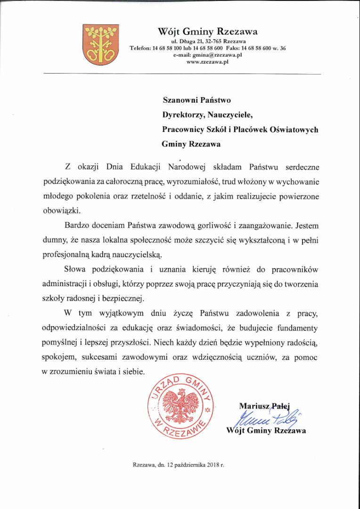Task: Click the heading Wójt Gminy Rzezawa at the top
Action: click(x=207, y=32)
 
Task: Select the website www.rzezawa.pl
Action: click(x=207, y=61)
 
